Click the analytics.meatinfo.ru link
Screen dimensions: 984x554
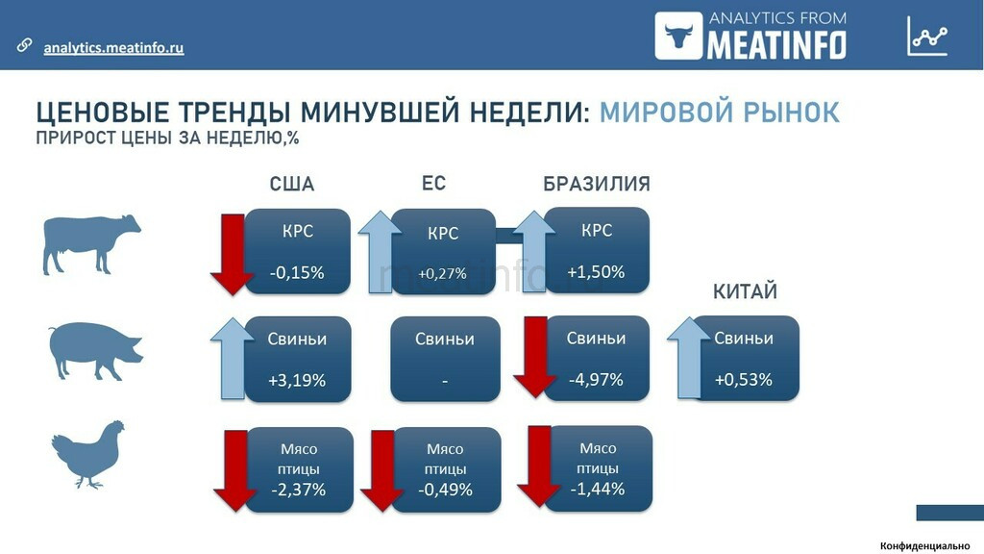(113, 48)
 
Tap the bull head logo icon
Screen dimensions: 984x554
(678, 36)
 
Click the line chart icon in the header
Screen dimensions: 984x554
(927, 36)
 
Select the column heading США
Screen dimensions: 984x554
(292, 184)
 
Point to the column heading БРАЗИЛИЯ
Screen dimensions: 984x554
(596, 184)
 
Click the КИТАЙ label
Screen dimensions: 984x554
(745, 291)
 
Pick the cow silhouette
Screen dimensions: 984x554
(91, 244)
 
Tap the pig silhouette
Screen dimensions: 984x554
(96, 350)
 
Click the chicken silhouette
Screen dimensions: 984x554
(87, 454)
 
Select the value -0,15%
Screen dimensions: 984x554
(297, 272)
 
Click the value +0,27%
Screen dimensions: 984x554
(442, 274)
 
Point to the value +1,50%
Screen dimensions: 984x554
(596, 272)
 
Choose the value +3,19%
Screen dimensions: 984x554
(297, 380)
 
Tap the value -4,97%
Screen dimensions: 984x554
(596, 379)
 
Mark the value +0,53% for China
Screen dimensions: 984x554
(743, 379)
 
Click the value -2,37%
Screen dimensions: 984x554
(298, 490)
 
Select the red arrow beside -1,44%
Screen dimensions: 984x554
(538, 466)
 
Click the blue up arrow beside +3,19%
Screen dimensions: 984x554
(233, 358)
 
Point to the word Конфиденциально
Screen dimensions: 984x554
(924, 546)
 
